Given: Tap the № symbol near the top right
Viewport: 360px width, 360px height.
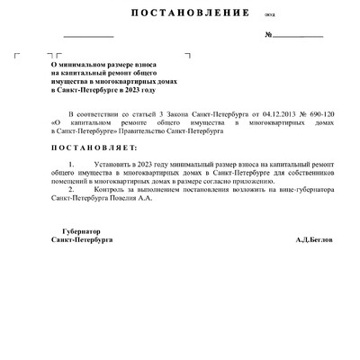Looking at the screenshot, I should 269,35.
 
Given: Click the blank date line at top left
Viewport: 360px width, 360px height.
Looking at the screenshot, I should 88,35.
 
